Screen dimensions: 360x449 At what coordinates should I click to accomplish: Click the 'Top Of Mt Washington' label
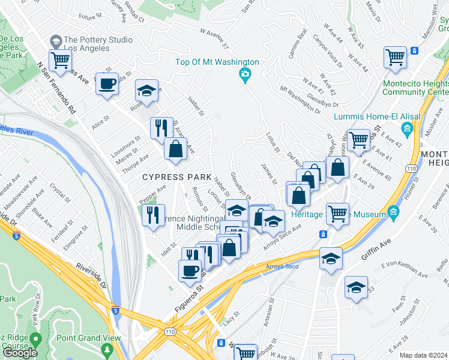coord(217,62)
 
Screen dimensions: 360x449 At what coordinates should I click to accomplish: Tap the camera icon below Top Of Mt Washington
coord(244,74)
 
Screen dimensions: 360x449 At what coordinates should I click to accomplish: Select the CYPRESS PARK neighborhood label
coord(176,177)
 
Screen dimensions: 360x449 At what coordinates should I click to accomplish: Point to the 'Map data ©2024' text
coord(423,355)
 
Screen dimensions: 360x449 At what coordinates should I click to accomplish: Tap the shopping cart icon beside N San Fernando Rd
coord(60,59)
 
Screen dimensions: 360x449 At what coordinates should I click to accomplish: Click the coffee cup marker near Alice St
coord(107,83)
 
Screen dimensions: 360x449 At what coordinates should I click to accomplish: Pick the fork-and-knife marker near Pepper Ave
coord(153,214)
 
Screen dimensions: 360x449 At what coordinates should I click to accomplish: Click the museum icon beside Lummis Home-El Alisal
coord(407,128)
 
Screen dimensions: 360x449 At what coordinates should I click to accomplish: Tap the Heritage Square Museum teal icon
coord(393,212)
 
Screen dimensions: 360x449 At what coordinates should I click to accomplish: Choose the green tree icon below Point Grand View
coord(107,349)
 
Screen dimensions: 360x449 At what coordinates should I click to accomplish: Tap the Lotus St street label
coord(273,142)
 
